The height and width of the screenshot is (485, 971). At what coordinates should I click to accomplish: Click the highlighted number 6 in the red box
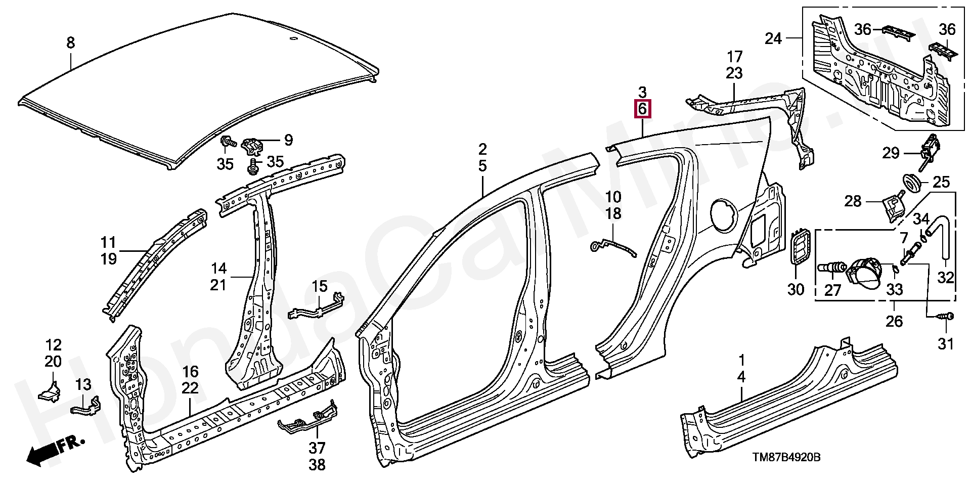642,109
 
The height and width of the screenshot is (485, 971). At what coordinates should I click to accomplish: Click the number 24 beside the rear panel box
774,38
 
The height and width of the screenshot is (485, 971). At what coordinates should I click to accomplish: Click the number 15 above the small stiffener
320,287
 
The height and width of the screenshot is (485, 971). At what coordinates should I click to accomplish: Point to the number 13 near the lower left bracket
83,384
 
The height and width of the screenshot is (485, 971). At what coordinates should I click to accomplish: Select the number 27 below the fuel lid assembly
832,290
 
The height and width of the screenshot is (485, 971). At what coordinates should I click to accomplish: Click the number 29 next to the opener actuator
891,152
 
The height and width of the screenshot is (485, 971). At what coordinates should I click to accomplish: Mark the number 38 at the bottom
317,464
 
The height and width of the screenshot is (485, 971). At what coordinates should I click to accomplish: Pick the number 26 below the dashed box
894,321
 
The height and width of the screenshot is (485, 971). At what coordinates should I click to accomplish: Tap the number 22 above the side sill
190,388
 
